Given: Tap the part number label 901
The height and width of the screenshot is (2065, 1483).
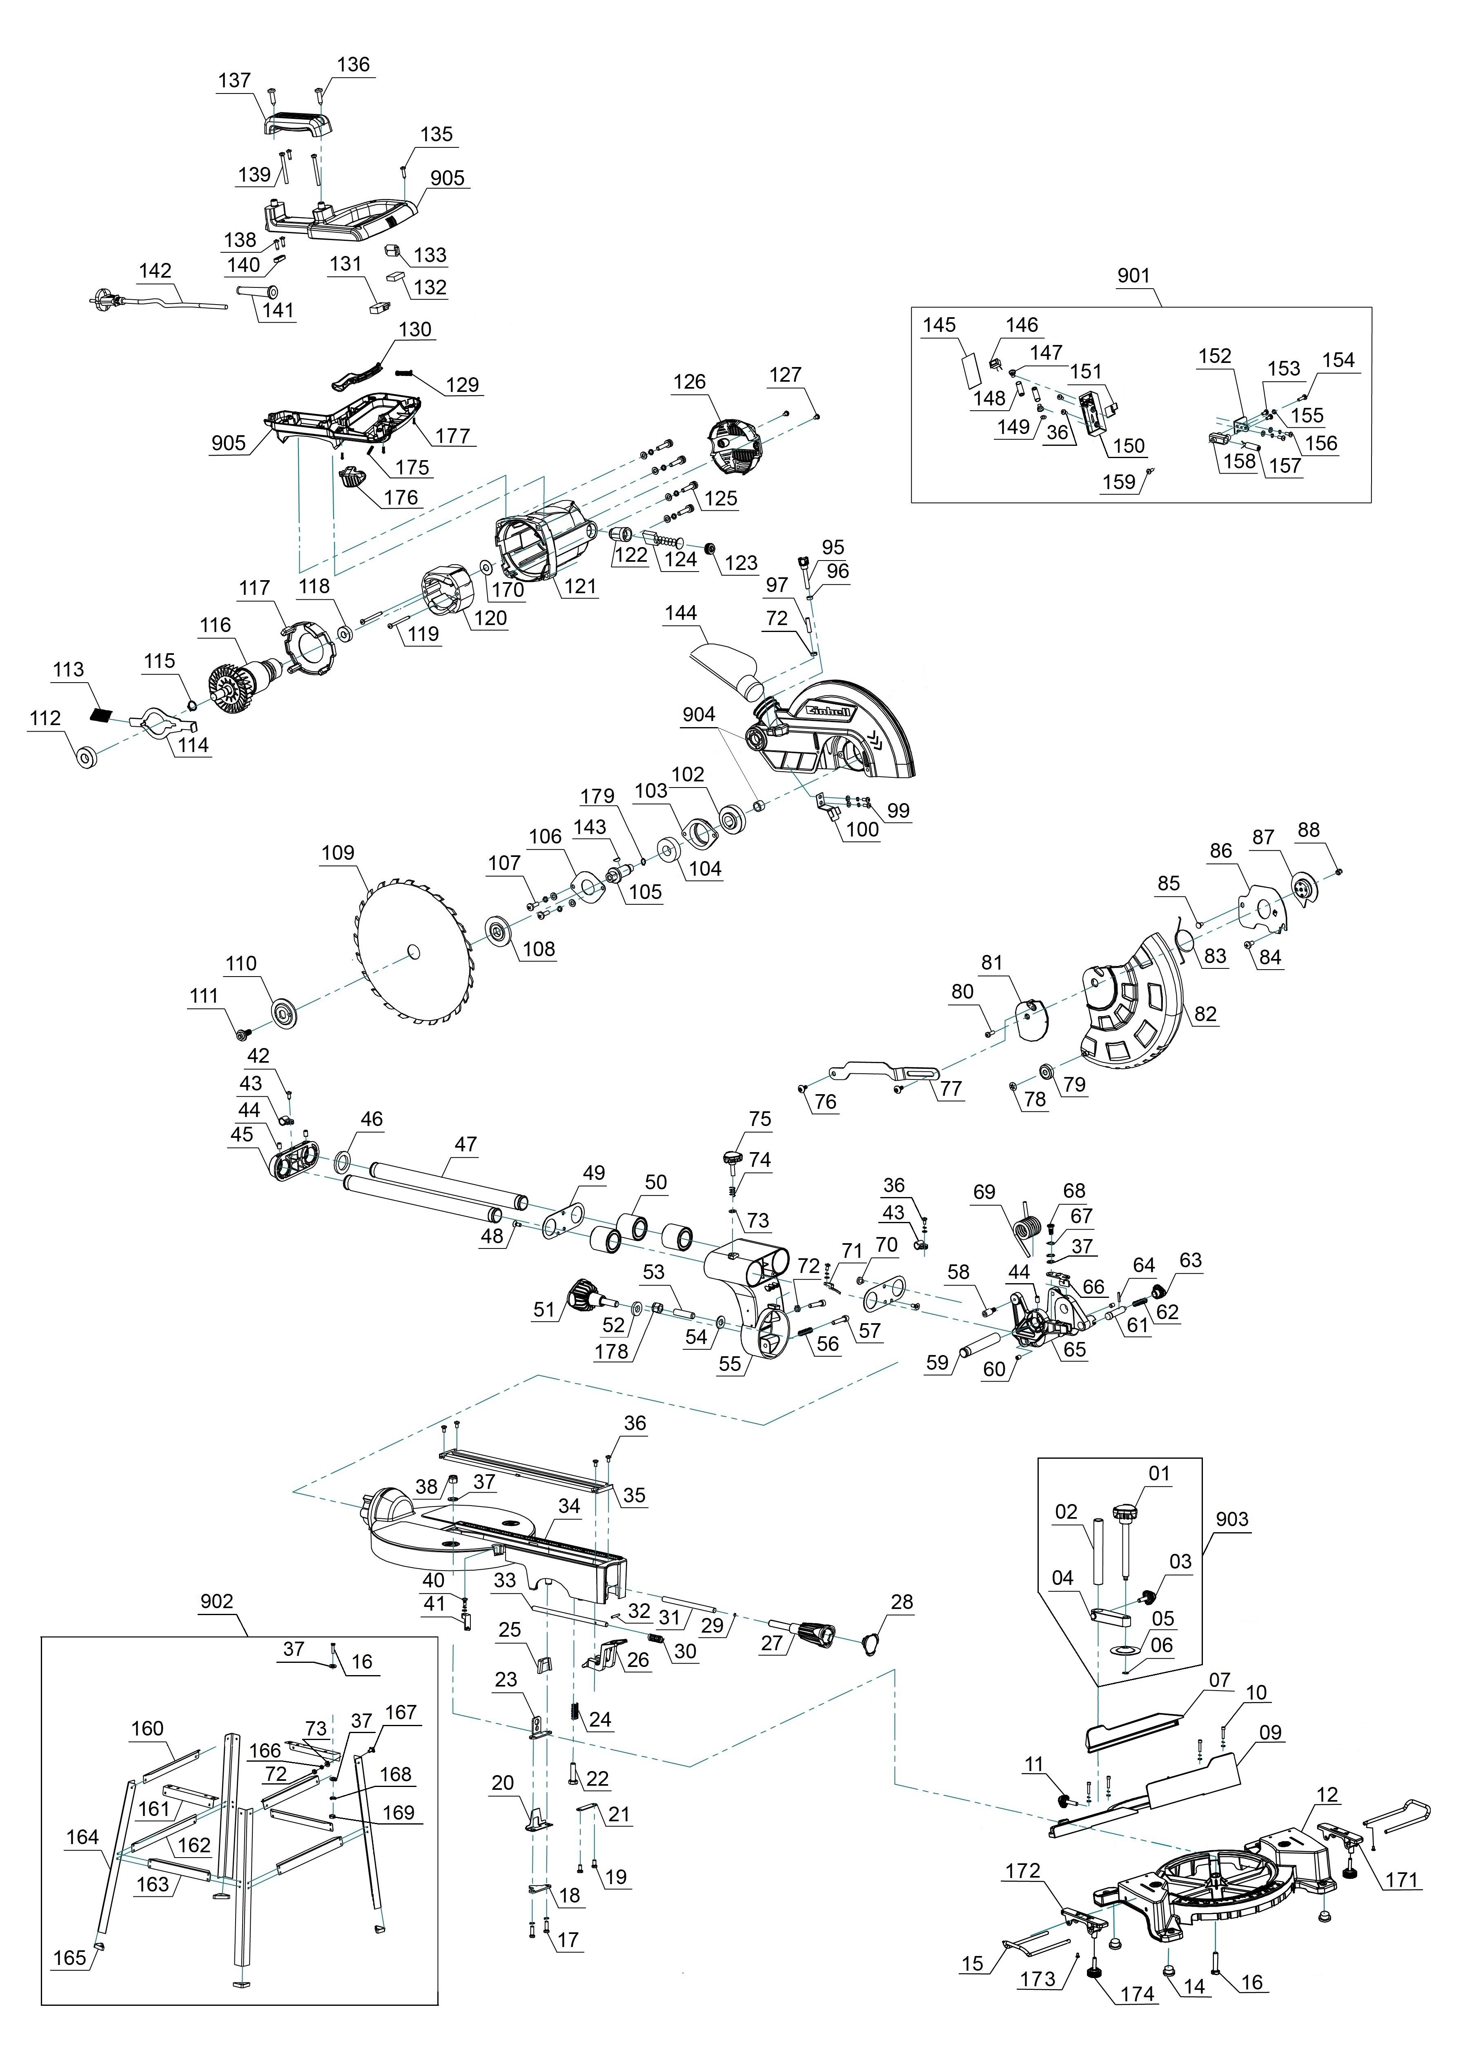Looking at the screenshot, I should [1133, 275].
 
